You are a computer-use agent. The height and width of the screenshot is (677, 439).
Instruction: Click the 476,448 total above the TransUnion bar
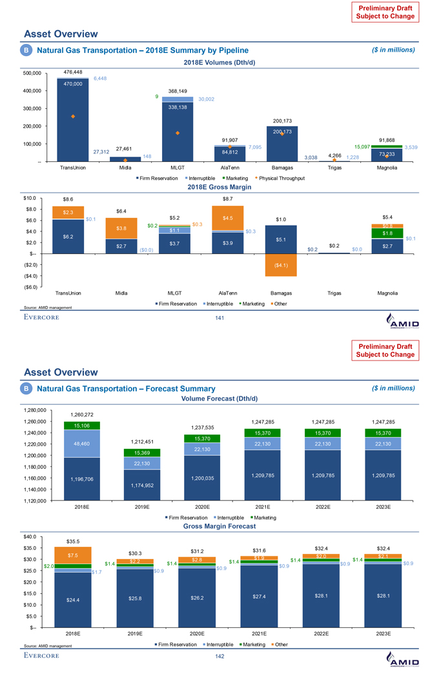pyautogui.click(x=72, y=72)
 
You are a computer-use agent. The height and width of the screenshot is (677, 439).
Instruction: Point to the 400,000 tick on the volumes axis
pyautogui.click(x=32, y=91)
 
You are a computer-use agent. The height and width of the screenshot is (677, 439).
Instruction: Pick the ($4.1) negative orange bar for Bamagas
pyautogui.click(x=281, y=265)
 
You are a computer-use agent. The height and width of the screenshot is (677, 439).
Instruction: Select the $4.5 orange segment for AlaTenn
pyautogui.click(x=228, y=218)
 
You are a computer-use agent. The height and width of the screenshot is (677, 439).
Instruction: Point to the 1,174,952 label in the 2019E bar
pyautogui.click(x=142, y=485)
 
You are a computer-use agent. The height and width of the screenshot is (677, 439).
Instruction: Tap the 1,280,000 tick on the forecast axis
pyautogui.click(x=30, y=409)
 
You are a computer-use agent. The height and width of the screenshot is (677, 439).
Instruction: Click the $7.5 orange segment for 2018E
pyautogui.click(x=73, y=555)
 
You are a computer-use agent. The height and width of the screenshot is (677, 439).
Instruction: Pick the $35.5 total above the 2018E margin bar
pyautogui.click(x=73, y=540)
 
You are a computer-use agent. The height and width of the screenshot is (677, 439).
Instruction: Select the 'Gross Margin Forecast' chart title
pyautogui.click(x=219, y=526)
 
